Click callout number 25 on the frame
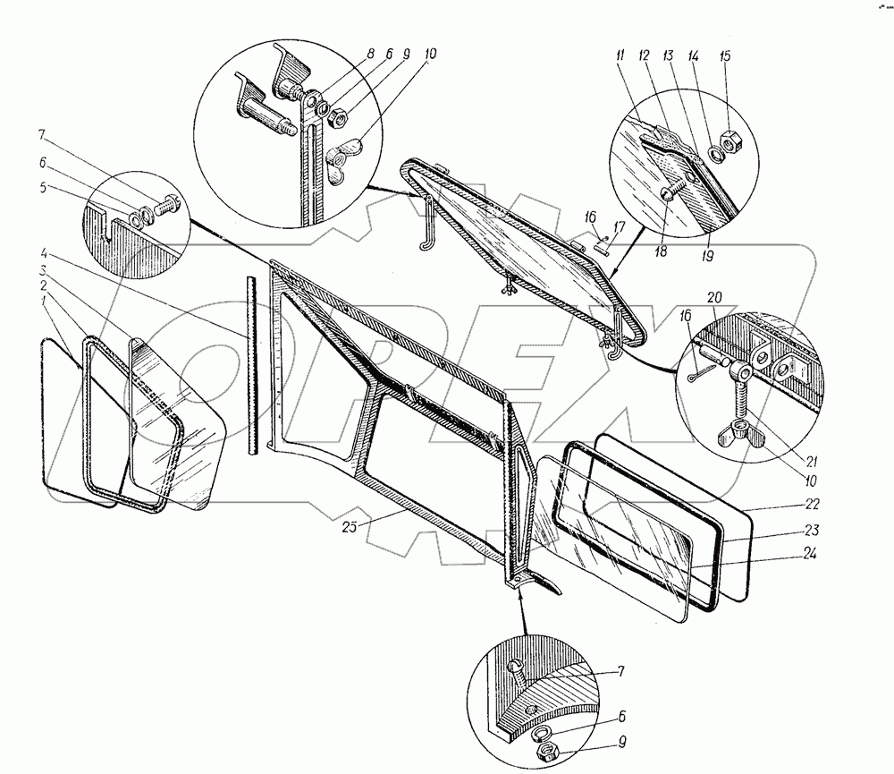pyautogui.click(x=349, y=527)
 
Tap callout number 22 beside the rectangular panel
pyautogui.click(x=812, y=504)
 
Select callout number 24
pyautogui.click(x=810, y=553)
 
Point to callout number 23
pyautogui.click(x=811, y=531)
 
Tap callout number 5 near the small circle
pyautogui.click(x=43, y=187)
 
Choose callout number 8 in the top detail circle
pyautogui.click(x=370, y=55)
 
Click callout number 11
pyautogui.click(x=620, y=55)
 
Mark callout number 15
pyautogui.click(x=725, y=56)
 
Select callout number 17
pyautogui.click(x=620, y=228)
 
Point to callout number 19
pyautogui.click(x=707, y=256)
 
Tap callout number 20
pyautogui.click(x=714, y=297)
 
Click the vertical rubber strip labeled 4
pyautogui.click(x=252, y=365)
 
